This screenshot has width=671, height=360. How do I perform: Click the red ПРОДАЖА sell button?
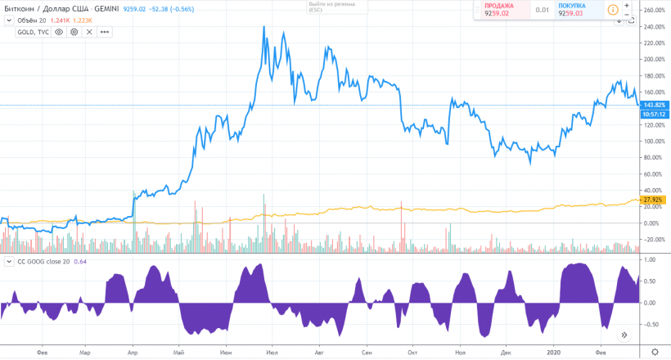coord(498,10)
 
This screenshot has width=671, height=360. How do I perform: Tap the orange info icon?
coord(614,10)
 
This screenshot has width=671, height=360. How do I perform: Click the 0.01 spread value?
coord(542,11)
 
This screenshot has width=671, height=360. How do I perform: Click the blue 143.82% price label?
coord(653,106)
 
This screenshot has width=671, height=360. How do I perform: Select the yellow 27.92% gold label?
coord(653,200)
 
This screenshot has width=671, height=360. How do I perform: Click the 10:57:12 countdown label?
coord(653,115)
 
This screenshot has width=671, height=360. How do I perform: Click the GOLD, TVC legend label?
coord(32,32)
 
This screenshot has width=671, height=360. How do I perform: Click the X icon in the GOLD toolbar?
coord(89,32)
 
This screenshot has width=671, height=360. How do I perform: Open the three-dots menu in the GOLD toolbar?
coord(104,32)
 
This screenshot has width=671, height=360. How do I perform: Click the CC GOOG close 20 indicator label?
coord(39,261)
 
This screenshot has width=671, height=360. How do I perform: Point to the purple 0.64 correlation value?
coord(81,261)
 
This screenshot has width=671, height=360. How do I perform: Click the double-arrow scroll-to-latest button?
coord(624,335)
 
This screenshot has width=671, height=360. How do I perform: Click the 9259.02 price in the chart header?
coord(135,10)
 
